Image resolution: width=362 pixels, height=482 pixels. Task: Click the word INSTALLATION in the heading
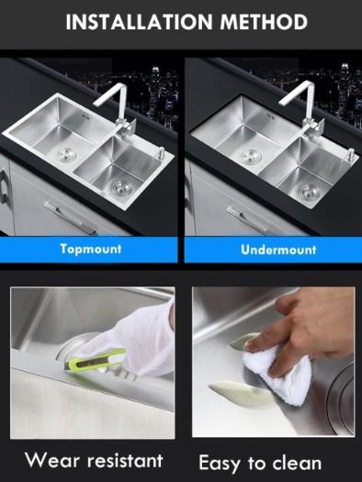(x=139, y=22)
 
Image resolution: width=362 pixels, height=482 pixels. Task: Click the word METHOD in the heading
(x=264, y=22)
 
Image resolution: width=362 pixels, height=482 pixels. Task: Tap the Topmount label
(x=91, y=249)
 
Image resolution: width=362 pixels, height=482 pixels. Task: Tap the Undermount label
(x=278, y=250)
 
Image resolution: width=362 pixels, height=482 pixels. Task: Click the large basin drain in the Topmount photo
(x=67, y=153)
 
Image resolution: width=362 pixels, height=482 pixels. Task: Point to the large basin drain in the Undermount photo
(x=251, y=157)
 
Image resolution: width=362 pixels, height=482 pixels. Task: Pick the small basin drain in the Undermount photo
(x=308, y=191)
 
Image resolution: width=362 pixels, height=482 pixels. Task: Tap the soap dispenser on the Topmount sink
(x=160, y=152)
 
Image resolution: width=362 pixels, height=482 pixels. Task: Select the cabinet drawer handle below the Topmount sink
(x=70, y=217)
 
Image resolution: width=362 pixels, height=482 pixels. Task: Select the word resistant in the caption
(x=125, y=461)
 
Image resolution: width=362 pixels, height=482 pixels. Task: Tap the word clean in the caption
(x=297, y=463)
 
